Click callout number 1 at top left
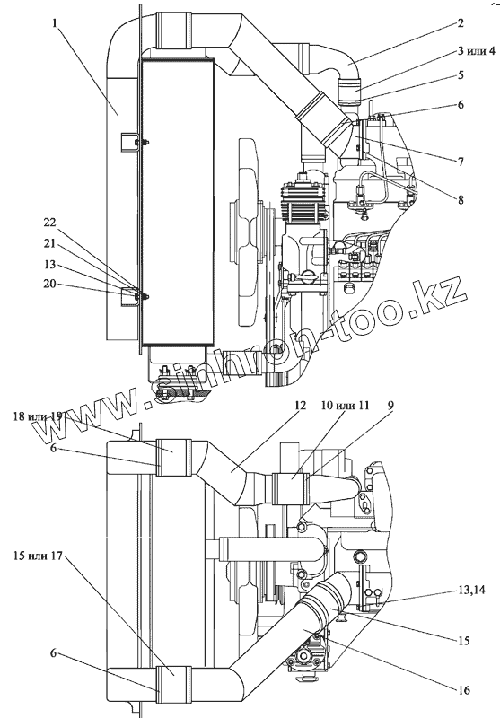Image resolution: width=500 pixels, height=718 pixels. tap(55, 23)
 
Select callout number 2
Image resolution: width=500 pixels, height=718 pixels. tap(461, 23)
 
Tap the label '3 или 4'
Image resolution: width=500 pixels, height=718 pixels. tap(476, 51)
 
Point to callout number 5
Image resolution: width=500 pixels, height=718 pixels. tap(461, 74)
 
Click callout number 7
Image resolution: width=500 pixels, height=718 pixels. tap(461, 162)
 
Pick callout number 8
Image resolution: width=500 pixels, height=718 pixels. tap(461, 199)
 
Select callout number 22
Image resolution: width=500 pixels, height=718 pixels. tap(49, 223)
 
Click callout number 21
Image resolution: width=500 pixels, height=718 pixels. tap(49, 243)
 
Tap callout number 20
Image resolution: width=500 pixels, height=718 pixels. tap(49, 284)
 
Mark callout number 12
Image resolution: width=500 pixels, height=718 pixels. tap(301, 406)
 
